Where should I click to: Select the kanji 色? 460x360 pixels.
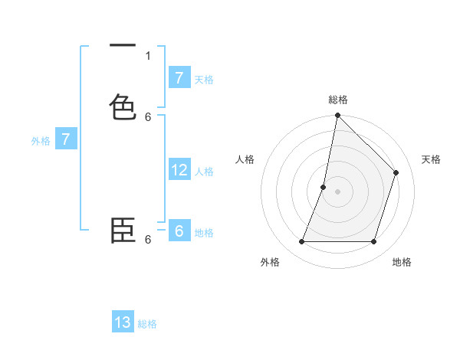(123, 106)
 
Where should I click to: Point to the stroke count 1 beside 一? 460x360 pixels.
(148, 55)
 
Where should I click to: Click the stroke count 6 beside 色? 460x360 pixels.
(148, 116)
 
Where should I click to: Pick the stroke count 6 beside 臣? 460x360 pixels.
(148, 240)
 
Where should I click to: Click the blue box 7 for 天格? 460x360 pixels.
(179, 77)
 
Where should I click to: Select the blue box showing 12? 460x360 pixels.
(179, 170)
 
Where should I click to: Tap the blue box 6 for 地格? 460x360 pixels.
(179, 231)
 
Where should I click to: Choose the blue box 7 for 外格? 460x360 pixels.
(66, 139)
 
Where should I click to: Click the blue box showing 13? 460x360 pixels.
(123, 322)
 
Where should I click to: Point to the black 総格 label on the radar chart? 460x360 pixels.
(338, 100)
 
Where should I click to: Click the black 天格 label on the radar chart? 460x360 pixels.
(431, 159)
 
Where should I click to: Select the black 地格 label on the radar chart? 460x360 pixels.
(402, 262)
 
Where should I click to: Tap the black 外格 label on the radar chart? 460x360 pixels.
(270, 262)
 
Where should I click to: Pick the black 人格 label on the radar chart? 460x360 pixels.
(245, 159)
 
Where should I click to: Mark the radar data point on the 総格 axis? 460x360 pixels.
(337, 116)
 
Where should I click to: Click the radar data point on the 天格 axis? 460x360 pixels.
(396, 172)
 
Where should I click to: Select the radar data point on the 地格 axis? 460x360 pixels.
(374, 242)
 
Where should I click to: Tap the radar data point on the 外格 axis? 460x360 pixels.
(301, 242)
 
